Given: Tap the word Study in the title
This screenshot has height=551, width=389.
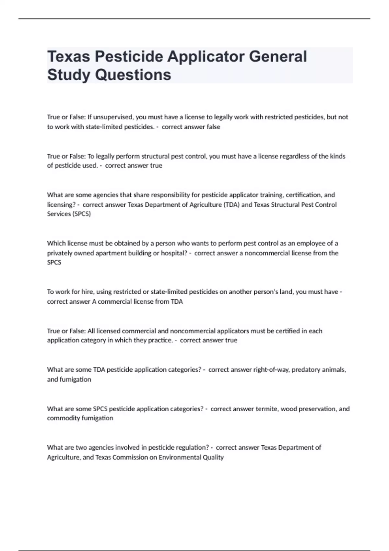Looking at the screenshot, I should [x=69, y=75].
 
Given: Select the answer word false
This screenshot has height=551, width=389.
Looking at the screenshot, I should [x=213, y=127].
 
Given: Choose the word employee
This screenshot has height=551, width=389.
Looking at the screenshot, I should [x=311, y=243].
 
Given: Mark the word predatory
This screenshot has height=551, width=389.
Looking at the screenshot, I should [x=306, y=370].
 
